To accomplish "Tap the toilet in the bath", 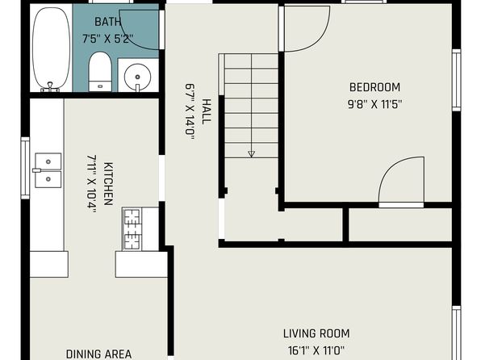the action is click(100, 72).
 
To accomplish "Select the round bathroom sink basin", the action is click(137, 77).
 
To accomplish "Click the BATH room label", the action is click(107, 22).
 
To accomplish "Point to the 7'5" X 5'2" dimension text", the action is click(107, 39).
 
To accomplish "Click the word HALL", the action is click(207, 111).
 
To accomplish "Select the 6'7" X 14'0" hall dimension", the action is click(190, 111).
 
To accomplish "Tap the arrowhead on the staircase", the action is click(251, 154).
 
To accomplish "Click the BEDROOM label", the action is click(374, 87).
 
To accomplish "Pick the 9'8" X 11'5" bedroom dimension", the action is click(374, 104).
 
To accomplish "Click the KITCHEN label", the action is click(108, 183).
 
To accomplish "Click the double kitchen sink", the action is click(48, 170).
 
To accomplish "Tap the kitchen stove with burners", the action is click(132, 229).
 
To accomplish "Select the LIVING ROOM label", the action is click(316, 333).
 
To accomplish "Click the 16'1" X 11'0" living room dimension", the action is click(316, 350).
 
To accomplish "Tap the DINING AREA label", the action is click(98, 354).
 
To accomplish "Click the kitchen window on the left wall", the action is click(25, 168).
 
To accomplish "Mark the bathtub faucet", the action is click(50, 87).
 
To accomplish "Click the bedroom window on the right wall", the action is click(457, 80).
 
